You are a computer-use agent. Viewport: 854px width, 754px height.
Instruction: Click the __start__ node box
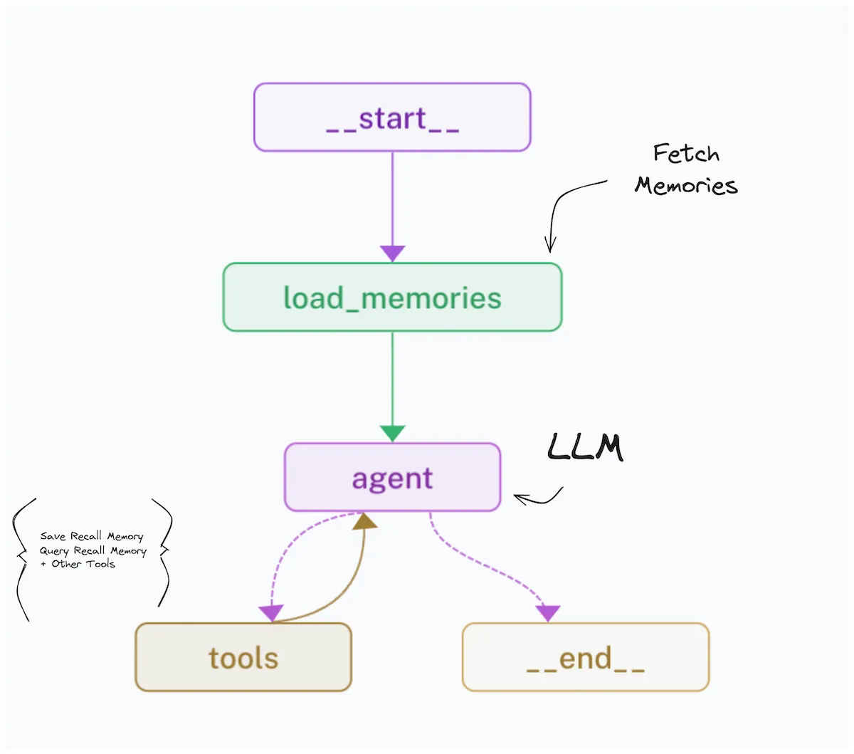click(392, 117)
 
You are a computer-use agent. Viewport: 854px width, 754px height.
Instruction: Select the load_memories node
click(392, 298)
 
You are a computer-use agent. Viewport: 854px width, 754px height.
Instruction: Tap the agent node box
click(392, 478)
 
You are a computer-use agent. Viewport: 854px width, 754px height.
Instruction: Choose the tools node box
click(243, 657)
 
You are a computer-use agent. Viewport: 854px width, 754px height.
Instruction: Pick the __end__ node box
click(586, 657)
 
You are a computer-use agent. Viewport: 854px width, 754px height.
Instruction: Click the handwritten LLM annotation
click(585, 448)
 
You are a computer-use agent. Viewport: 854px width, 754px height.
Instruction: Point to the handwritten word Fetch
click(686, 153)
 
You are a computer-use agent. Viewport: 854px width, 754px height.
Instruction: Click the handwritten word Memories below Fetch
click(686, 185)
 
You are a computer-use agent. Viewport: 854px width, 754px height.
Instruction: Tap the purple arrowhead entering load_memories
click(392, 253)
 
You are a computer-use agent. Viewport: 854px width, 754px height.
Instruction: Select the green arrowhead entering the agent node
click(392, 433)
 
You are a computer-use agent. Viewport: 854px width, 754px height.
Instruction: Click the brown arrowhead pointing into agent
click(366, 522)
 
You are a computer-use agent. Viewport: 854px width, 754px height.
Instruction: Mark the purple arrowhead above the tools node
click(271, 612)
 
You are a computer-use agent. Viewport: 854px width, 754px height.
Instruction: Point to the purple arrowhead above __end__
click(548, 612)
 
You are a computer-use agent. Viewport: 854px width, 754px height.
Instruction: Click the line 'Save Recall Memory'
click(92, 536)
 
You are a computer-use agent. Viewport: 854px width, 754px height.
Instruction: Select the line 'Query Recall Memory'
click(93, 550)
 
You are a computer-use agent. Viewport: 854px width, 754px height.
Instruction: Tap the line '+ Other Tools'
click(78, 564)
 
